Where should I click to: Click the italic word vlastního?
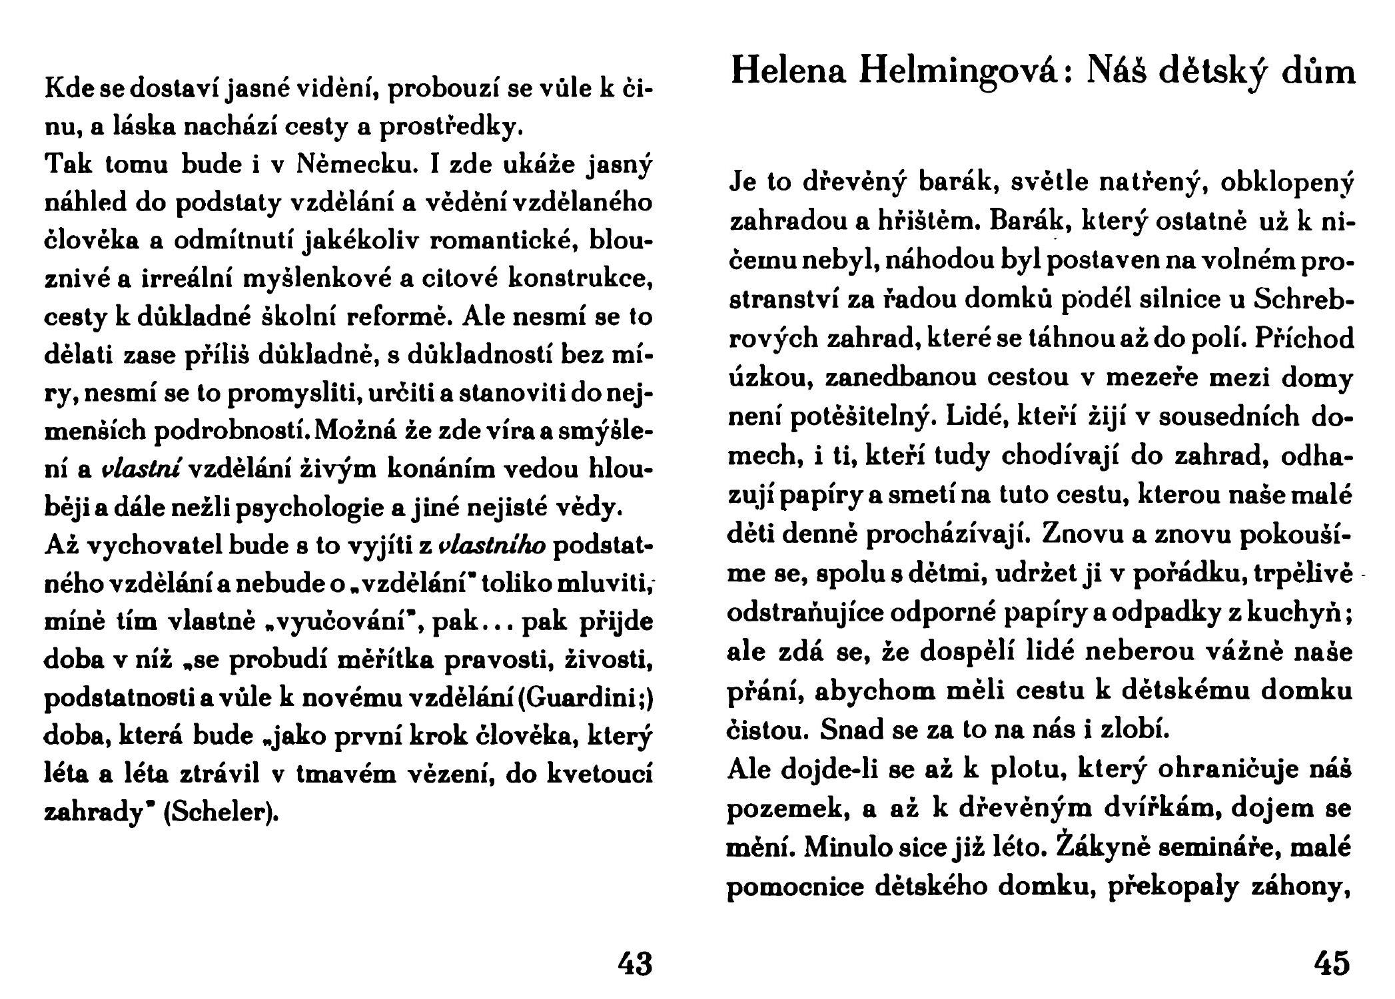coord(494,545)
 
